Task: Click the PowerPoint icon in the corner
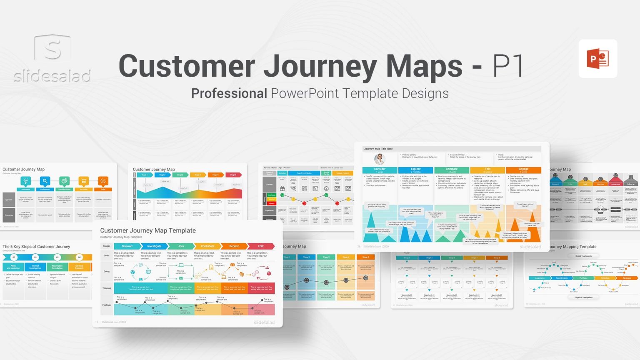point(597,59)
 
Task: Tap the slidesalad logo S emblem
point(52,48)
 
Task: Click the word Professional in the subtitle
point(229,93)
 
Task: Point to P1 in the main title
point(508,66)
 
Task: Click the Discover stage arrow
point(127,246)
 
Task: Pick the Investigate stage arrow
point(154,246)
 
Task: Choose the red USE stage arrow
point(261,246)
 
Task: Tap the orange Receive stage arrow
point(234,246)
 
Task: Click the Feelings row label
point(107,305)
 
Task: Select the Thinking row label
point(107,288)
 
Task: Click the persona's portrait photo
point(380,159)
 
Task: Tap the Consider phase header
point(380,170)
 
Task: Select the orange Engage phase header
point(523,170)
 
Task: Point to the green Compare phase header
point(452,170)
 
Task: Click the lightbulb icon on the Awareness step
point(26,181)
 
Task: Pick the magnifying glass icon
point(45,181)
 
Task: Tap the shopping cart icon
point(84,181)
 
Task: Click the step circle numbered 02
point(35,257)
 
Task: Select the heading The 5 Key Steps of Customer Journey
point(36,247)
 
